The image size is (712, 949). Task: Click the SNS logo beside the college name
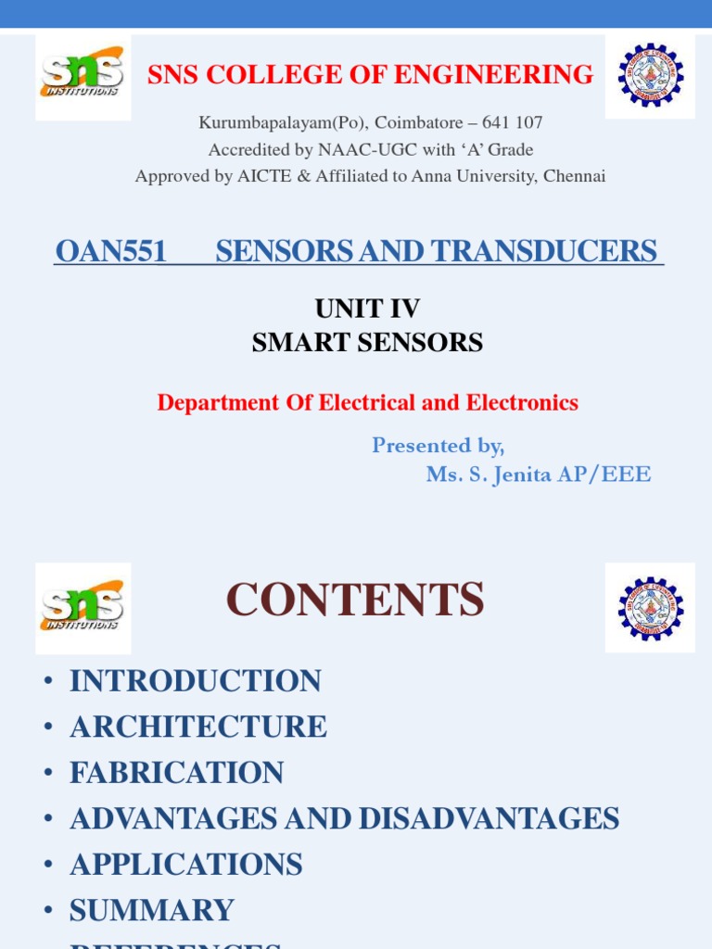pyautogui.click(x=83, y=77)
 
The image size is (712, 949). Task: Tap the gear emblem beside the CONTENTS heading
pyautogui.click(x=650, y=607)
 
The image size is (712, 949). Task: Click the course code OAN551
pyautogui.click(x=111, y=251)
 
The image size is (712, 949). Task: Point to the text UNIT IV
pyautogui.click(x=367, y=308)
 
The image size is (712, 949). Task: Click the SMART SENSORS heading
pyautogui.click(x=367, y=343)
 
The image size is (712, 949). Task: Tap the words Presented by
pyautogui.click(x=438, y=446)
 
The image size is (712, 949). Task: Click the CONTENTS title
pyautogui.click(x=355, y=600)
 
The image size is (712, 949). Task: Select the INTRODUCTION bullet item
pyautogui.click(x=196, y=681)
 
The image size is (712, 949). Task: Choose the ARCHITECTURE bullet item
pyautogui.click(x=198, y=727)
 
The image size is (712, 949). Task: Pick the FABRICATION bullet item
pyautogui.click(x=177, y=773)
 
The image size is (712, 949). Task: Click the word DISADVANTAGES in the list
pyautogui.click(x=489, y=818)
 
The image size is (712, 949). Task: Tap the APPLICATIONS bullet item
pyautogui.click(x=186, y=865)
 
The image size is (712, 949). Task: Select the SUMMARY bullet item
pyautogui.click(x=152, y=910)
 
